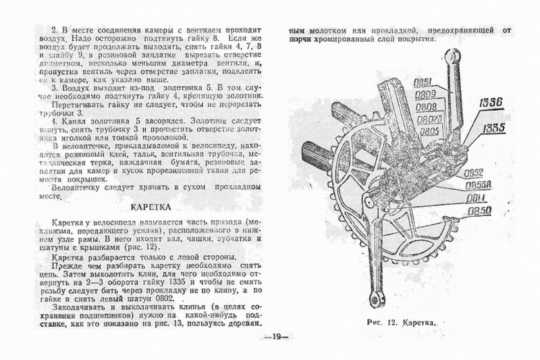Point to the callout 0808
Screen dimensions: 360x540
coord(425,107)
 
